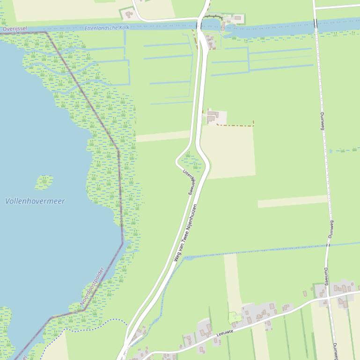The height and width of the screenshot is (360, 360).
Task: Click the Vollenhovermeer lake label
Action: point(35,201)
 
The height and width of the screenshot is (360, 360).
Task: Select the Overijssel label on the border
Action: point(14,29)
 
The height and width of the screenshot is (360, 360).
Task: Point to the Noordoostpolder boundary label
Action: point(92,286)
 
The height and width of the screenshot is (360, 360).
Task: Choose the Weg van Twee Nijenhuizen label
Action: point(185,232)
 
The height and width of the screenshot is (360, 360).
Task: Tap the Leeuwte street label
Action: point(225,333)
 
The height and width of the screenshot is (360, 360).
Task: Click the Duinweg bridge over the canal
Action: point(315,23)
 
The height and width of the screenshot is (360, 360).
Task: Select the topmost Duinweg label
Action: point(322,120)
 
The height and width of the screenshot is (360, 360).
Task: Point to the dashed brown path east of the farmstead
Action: point(236,125)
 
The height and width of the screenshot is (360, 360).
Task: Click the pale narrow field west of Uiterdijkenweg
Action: point(162,136)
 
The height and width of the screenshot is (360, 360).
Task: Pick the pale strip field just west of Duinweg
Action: point(292,202)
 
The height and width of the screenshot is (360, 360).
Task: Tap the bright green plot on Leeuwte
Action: point(235,319)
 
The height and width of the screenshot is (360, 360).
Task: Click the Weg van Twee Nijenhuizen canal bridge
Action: point(200,24)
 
